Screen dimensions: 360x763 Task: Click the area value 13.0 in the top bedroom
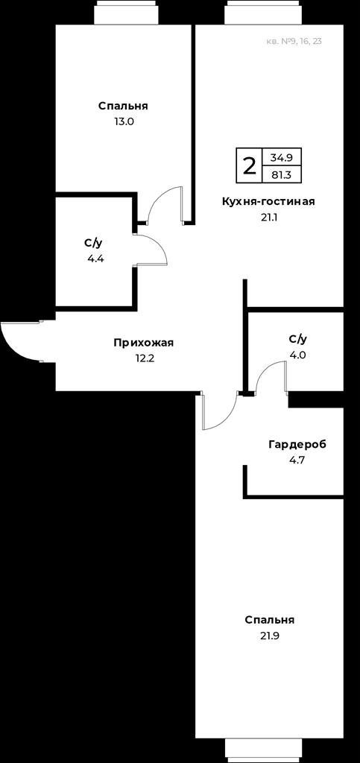(124, 121)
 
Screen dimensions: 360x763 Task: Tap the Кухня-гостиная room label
(268, 201)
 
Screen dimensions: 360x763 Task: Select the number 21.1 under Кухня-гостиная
(269, 217)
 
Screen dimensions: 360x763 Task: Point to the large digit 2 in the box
(249, 166)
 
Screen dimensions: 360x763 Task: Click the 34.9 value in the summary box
(281, 157)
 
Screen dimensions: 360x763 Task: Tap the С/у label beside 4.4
(93, 243)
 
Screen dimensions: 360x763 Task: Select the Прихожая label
(144, 343)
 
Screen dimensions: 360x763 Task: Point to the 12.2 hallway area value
(144, 358)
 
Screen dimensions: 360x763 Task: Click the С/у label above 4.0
(297, 339)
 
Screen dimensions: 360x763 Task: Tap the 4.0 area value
(297, 355)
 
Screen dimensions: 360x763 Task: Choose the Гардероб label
(297, 444)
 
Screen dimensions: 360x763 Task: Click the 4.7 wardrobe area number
(297, 460)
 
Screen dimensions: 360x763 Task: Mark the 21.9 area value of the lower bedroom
(270, 636)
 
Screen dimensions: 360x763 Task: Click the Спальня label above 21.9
(270, 620)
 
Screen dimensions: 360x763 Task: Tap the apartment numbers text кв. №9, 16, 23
(294, 42)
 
